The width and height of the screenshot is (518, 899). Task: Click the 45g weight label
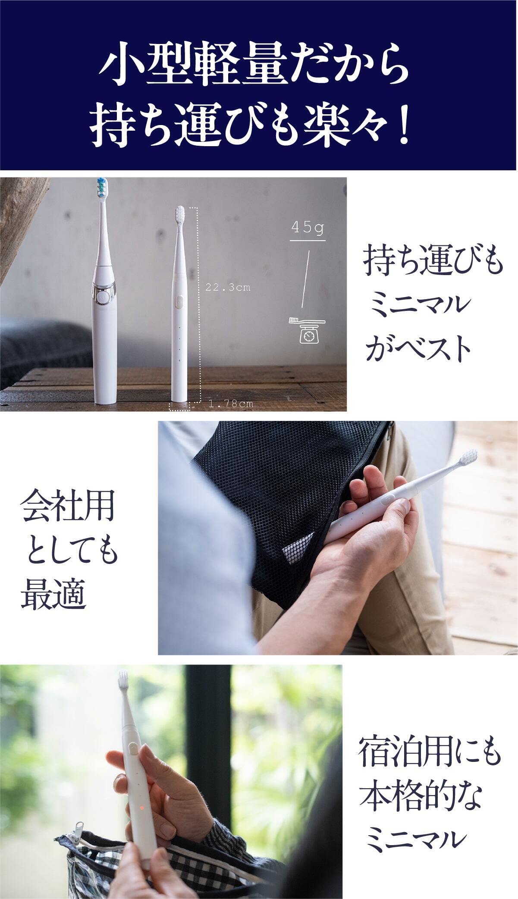[308, 228]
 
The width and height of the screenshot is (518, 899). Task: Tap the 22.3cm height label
[228, 287]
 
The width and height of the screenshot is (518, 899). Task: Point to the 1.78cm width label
[231, 404]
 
